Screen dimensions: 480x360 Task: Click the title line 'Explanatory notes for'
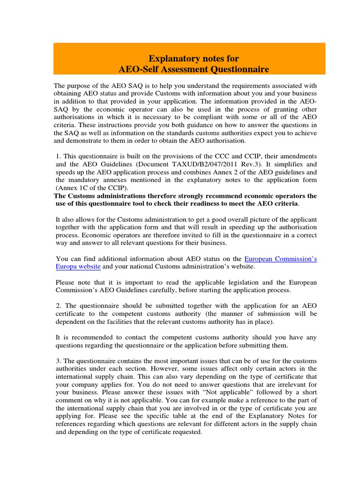coord(194,59)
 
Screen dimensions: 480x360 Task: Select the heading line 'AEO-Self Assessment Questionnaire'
coord(194,69)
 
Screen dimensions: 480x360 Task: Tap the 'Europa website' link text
coord(78,266)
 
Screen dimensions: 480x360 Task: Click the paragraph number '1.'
coord(59,156)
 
